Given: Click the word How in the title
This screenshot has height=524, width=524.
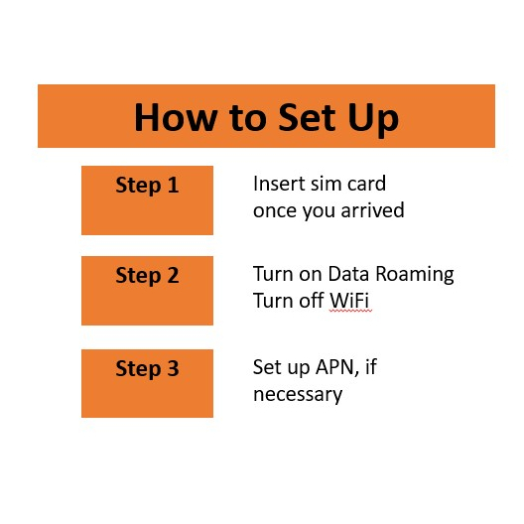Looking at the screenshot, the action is [176, 117].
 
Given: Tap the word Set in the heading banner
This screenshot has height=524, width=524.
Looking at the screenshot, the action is [307, 117].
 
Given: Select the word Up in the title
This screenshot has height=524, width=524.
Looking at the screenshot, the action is [373, 120].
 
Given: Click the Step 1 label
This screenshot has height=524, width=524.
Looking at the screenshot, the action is [147, 186].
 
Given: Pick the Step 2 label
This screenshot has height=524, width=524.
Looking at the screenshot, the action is [147, 276].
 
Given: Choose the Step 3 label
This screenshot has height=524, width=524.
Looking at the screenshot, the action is [147, 369].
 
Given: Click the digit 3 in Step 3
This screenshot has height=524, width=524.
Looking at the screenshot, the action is [173, 368].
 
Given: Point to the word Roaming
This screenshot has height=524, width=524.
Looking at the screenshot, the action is [415, 275].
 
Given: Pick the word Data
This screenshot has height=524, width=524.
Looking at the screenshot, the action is [348, 274].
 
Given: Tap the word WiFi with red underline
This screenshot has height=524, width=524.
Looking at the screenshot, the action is [349, 301].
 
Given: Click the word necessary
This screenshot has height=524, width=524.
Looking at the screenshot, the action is [298, 395].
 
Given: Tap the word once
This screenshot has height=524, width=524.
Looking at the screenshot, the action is [275, 211].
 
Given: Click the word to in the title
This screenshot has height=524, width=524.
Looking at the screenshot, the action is [248, 118].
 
